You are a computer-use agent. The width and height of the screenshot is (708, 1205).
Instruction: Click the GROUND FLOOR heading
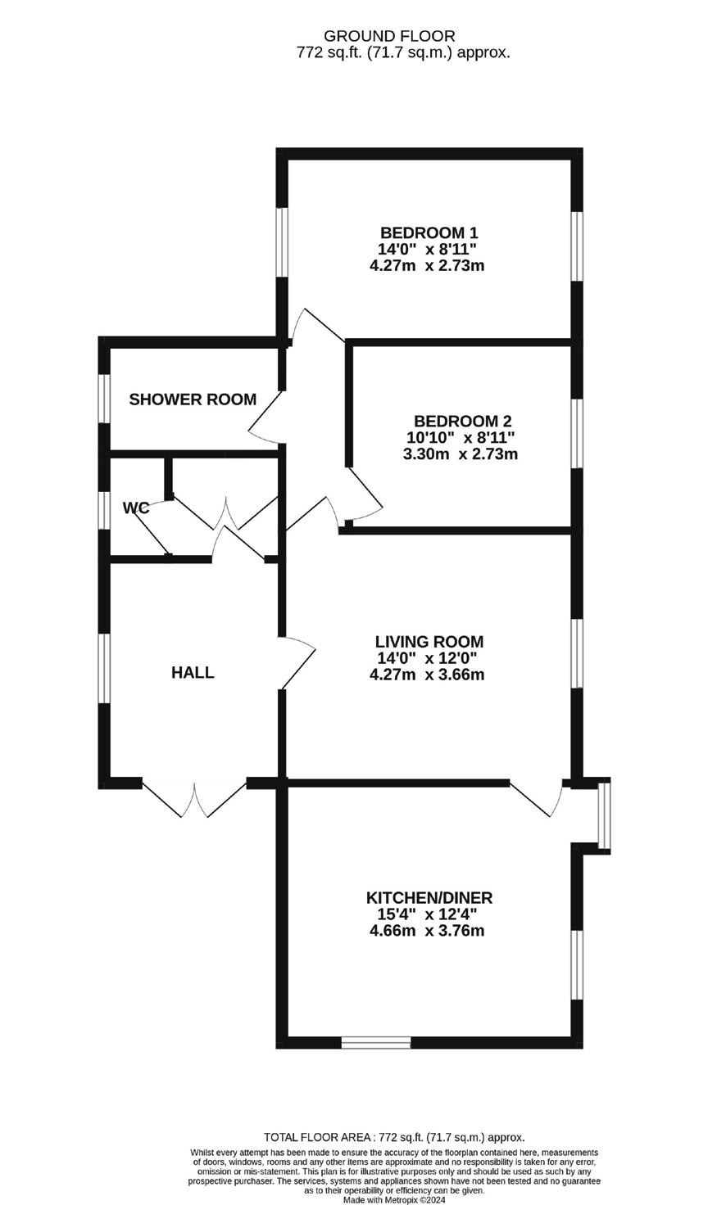(389, 36)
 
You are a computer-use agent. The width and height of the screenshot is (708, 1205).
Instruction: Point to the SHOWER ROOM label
(193, 399)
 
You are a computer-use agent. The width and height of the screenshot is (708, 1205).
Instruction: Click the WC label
(136, 508)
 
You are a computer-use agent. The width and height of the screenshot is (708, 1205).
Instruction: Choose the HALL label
(193, 673)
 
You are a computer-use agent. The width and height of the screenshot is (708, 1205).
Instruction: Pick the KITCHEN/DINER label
(429, 898)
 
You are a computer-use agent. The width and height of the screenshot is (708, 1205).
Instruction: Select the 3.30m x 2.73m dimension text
(461, 454)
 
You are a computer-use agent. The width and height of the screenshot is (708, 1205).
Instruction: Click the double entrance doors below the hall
(194, 798)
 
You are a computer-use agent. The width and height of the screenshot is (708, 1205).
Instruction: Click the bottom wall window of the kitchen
(376, 1042)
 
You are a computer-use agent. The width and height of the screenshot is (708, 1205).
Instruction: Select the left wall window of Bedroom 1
(282, 241)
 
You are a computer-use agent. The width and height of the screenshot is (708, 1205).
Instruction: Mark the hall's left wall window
(104, 668)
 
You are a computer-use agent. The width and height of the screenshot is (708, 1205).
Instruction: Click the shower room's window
(104, 399)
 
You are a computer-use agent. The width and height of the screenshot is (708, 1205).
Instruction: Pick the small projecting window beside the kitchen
(604, 815)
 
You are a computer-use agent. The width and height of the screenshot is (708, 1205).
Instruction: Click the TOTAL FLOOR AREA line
(394, 1137)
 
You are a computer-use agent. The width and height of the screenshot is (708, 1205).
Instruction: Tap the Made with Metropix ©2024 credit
(394, 1200)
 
